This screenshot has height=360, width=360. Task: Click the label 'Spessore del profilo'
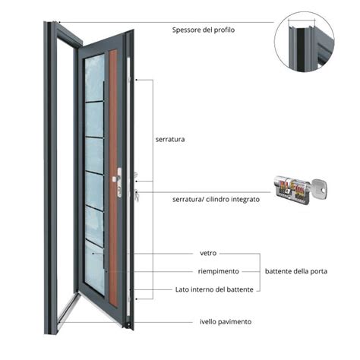[x=203, y=30]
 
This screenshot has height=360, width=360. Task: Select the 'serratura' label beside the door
[x=171, y=140]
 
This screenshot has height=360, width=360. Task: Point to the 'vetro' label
[x=209, y=254]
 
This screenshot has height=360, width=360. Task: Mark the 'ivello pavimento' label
[x=226, y=321]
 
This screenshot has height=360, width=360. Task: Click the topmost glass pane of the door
[x=94, y=76]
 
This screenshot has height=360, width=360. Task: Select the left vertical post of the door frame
[x=51, y=167]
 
